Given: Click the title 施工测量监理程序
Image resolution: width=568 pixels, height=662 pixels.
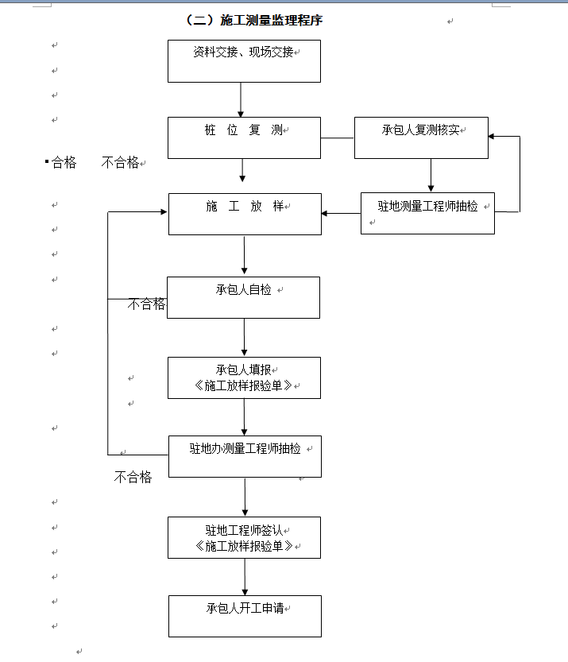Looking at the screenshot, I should [253, 21].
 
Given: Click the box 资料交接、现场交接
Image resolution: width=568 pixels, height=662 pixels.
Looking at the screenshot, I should [244, 61].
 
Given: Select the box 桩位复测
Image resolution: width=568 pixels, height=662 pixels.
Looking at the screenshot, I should [244, 137].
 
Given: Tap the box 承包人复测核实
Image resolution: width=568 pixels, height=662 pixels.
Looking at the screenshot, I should [421, 137].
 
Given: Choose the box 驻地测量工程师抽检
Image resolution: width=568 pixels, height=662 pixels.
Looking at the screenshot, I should [427, 213].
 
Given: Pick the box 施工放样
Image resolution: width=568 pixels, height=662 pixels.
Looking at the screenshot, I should [245, 213].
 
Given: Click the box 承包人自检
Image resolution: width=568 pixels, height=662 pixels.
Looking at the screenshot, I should [243, 297].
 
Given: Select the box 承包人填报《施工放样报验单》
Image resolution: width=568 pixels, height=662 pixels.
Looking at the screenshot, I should [244, 377].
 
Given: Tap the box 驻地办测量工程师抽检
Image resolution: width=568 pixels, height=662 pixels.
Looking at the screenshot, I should [245, 456].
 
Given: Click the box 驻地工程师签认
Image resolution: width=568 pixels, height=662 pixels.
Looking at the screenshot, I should [244, 537].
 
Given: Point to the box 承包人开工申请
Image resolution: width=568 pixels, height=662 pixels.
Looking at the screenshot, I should [245, 616].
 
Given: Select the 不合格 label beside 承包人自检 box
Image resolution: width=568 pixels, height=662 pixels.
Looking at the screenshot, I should [147, 304].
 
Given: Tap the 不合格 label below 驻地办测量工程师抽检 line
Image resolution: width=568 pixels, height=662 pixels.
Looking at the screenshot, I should [133, 477].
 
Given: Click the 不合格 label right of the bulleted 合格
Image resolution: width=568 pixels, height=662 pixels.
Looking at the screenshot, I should [120, 163].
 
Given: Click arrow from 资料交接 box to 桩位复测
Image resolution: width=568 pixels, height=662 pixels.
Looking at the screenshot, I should [241, 100].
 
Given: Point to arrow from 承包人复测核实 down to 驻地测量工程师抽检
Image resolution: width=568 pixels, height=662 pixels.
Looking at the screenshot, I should [431, 176].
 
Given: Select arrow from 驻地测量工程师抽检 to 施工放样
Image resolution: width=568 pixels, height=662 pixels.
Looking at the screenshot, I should [341, 213].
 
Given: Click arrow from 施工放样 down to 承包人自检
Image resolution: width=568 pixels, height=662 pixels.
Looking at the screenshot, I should [244, 255].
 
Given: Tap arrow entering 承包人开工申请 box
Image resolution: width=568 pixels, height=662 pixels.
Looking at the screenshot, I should [245, 577].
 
